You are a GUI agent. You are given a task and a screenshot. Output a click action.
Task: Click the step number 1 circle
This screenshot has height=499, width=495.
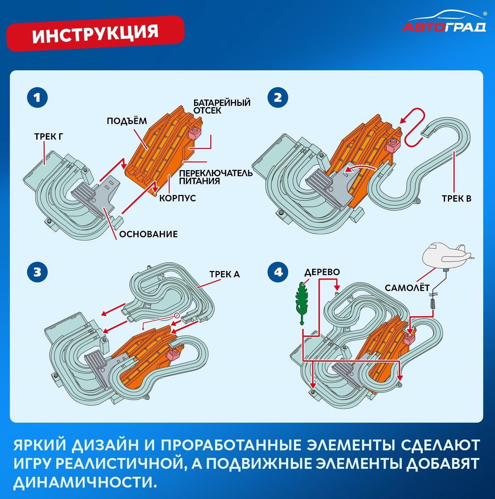tap(37, 97)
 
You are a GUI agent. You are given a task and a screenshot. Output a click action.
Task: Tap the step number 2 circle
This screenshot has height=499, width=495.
tap(278, 97)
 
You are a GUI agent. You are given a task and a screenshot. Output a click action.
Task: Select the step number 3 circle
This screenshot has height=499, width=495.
tap(37, 272)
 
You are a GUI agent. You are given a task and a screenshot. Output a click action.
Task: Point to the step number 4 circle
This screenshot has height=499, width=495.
tap(278, 272)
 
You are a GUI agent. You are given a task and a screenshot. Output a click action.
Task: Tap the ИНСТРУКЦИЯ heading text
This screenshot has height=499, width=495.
tap(95, 33)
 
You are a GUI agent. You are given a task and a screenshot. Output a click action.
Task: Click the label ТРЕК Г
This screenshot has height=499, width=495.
tap(49, 137)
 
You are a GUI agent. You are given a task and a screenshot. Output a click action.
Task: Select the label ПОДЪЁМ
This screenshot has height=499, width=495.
tap(127, 121)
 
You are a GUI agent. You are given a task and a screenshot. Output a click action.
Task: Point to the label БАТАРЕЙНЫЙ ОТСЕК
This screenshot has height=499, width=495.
tap(222, 107)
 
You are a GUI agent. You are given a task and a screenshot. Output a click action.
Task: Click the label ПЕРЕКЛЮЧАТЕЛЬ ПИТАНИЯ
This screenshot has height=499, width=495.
tap(216, 177)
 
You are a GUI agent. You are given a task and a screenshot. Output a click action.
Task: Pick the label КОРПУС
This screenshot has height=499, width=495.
tap(178, 198)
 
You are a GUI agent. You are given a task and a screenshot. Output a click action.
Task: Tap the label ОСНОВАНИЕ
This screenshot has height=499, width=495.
tap(148, 234)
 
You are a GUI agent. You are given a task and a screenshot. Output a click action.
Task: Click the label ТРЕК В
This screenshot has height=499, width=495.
tap(456, 199)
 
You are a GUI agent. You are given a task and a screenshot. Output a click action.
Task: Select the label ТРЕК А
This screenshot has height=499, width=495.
tap(224, 274)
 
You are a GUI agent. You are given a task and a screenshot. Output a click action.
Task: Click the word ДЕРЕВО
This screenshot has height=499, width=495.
tap(322, 272)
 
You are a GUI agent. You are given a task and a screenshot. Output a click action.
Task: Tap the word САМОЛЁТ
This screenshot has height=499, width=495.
tap(407, 288)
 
